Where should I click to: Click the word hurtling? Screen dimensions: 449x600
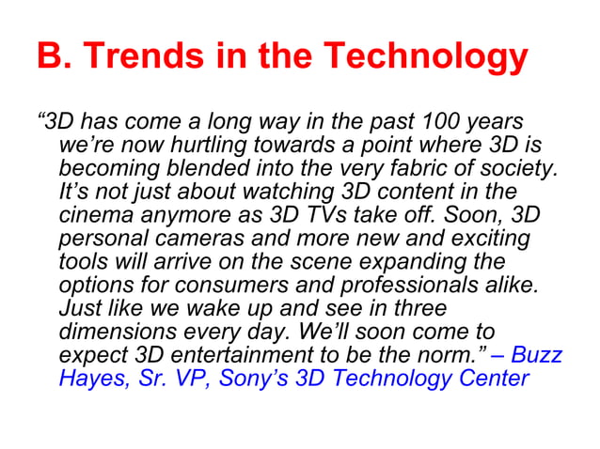pyautogui.click(x=187, y=147)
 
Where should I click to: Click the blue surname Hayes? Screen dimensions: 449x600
pyautogui.click(x=89, y=379)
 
